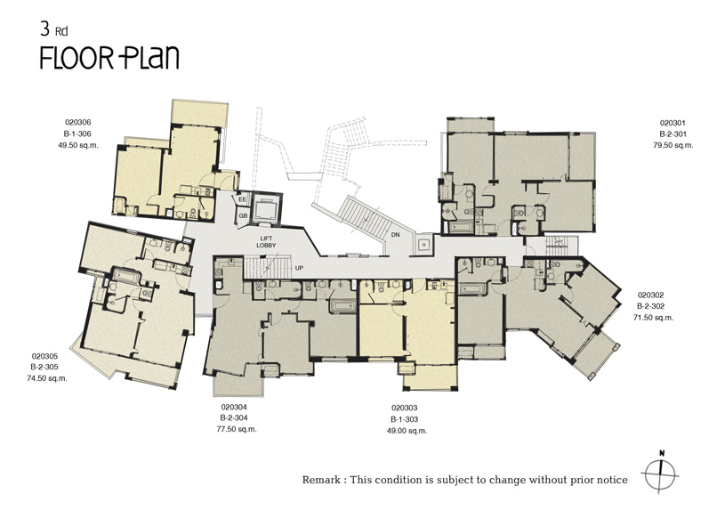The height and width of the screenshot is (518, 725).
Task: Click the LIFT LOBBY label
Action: click(x=266, y=242)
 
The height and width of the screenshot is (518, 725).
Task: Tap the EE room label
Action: click(x=242, y=199)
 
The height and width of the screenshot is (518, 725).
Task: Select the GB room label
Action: click(x=243, y=216)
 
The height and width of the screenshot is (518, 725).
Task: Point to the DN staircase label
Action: click(x=395, y=235)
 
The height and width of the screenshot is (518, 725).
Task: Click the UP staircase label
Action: click(x=299, y=268)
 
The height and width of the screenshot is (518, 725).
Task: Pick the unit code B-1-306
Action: click(x=77, y=134)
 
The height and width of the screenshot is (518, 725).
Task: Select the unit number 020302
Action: click(x=651, y=295)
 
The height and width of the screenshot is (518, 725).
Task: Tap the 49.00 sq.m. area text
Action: click(x=407, y=431)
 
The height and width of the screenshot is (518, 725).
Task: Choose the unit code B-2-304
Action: click(x=234, y=418)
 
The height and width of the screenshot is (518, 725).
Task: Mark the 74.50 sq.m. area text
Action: click(x=47, y=378)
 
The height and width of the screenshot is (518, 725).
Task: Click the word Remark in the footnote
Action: click(x=322, y=480)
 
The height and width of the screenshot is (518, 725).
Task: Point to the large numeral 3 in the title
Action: click(x=44, y=29)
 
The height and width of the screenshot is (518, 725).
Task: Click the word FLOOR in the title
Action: click(x=77, y=58)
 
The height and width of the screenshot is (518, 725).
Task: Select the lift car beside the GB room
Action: click(x=265, y=209)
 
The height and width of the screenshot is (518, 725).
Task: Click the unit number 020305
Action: click(x=44, y=357)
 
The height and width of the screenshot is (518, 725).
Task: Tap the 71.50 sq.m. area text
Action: click(x=653, y=318)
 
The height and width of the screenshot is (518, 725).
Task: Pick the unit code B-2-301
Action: click(x=673, y=134)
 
